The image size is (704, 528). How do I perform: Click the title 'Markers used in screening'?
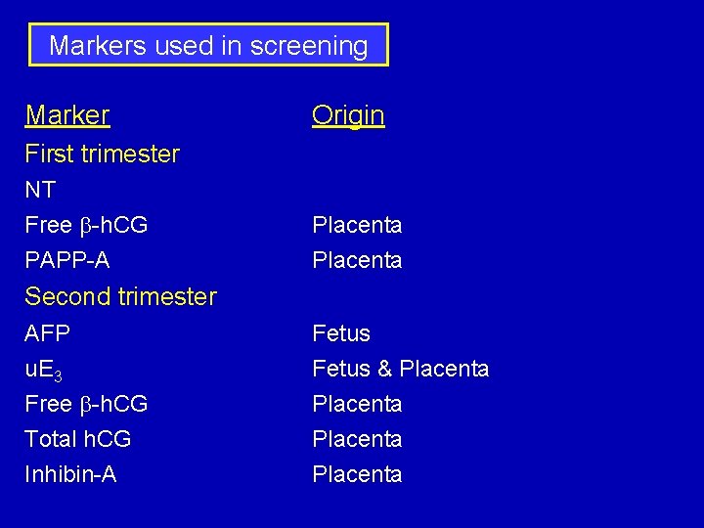point(208,46)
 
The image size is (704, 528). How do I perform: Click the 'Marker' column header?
point(67,115)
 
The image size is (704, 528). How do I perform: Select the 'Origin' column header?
point(348,115)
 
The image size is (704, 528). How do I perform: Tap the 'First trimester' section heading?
point(102,154)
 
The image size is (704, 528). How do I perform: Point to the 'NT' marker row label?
point(40,190)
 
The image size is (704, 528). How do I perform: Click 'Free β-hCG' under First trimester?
point(86,225)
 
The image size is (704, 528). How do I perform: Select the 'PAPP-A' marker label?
point(67,260)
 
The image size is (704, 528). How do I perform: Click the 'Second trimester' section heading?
point(120,296)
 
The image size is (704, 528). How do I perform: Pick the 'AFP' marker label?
point(48,333)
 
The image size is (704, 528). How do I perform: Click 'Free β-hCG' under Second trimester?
point(86,404)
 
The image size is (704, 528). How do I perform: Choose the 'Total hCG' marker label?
point(78,439)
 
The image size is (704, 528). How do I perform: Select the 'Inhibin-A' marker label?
point(70,474)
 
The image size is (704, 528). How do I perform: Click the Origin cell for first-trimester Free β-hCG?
point(357,225)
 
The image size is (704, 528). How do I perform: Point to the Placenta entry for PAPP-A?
point(357,260)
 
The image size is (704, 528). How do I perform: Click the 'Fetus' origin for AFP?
point(341,333)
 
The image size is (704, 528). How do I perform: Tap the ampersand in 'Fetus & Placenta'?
point(384,370)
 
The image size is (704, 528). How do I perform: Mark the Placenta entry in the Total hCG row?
point(357,439)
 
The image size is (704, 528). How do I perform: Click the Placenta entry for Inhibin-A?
point(357,474)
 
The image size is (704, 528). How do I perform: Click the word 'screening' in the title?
point(309,46)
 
